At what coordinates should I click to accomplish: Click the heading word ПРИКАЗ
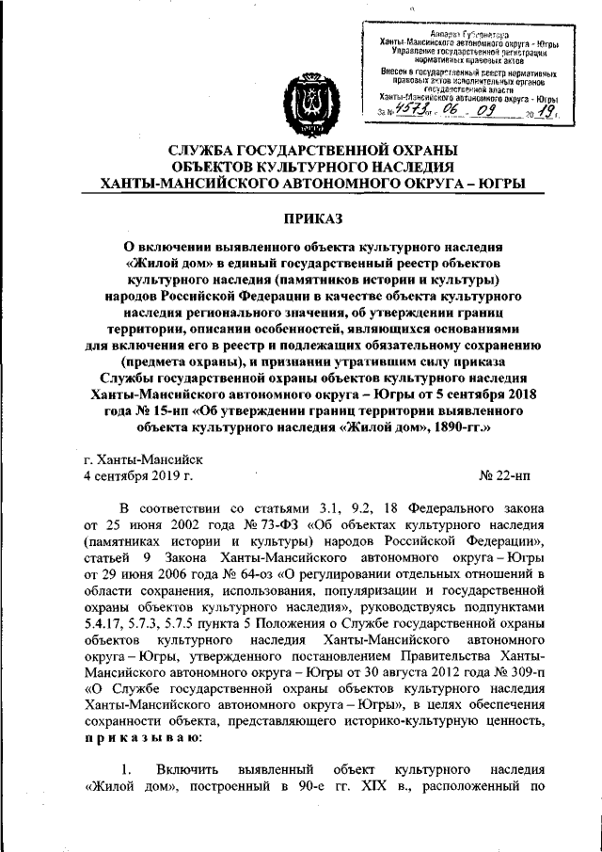tap(300, 218)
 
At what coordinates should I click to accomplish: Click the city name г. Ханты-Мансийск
tap(142, 460)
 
